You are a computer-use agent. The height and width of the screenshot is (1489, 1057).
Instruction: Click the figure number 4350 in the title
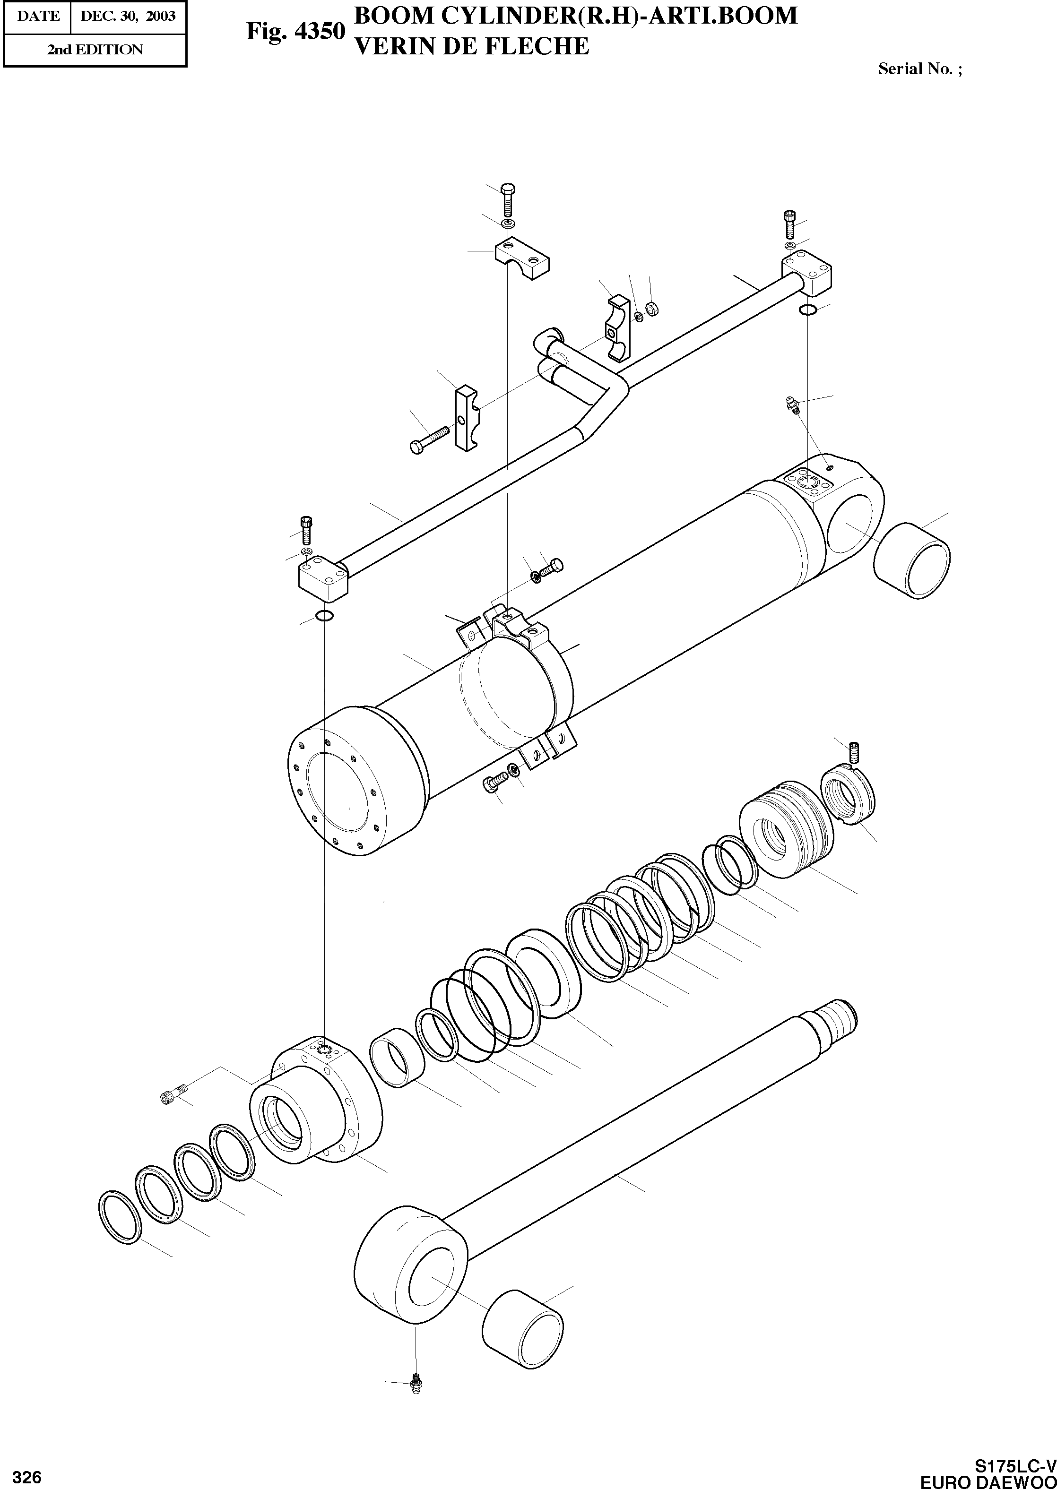tap(320, 31)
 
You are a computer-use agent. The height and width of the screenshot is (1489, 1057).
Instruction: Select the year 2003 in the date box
tap(161, 16)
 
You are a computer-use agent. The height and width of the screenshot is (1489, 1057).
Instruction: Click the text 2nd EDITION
tap(95, 50)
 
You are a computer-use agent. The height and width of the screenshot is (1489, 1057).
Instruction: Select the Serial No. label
tap(919, 69)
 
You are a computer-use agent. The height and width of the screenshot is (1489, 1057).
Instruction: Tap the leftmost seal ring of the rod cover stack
tap(120, 1217)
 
